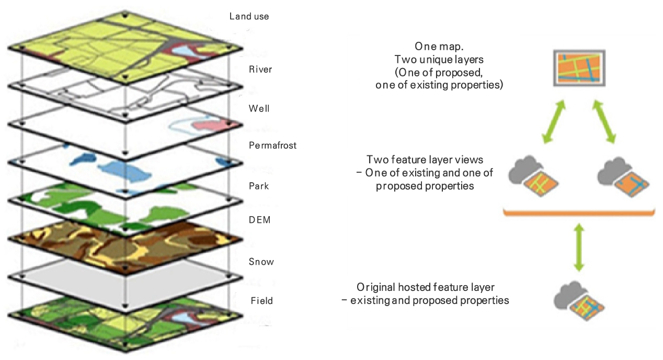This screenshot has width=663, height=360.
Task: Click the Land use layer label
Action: tap(249, 16)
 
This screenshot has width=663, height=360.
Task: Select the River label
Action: tap(260, 69)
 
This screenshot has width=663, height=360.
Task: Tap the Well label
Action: tap(259, 109)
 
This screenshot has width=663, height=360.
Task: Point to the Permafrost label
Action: tap(273, 145)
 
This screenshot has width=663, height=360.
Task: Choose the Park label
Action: tap(259, 186)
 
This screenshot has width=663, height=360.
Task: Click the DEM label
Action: tap(260, 220)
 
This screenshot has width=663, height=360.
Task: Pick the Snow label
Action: tap(261, 262)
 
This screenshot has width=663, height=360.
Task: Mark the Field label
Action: tap(261, 301)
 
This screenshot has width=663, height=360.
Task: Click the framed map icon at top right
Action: tap(579, 68)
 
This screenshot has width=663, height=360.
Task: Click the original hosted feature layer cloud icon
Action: tap(579, 301)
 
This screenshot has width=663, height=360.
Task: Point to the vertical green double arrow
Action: tap(578, 248)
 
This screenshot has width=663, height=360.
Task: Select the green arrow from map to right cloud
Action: tap(604, 122)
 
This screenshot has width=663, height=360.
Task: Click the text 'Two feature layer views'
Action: tap(429, 160)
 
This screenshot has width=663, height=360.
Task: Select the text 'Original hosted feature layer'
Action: tap(426, 287)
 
